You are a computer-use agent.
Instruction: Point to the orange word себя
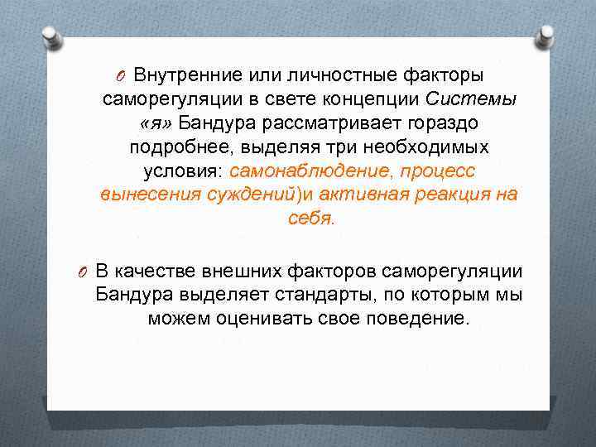[x=309, y=219]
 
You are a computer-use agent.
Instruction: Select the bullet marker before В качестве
[x=83, y=272]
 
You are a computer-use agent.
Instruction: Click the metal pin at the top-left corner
[x=50, y=36]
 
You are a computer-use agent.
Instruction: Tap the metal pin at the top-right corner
[x=546, y=34]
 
